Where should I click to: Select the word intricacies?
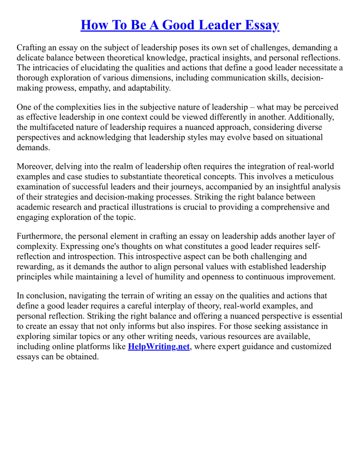coord(51,68)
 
